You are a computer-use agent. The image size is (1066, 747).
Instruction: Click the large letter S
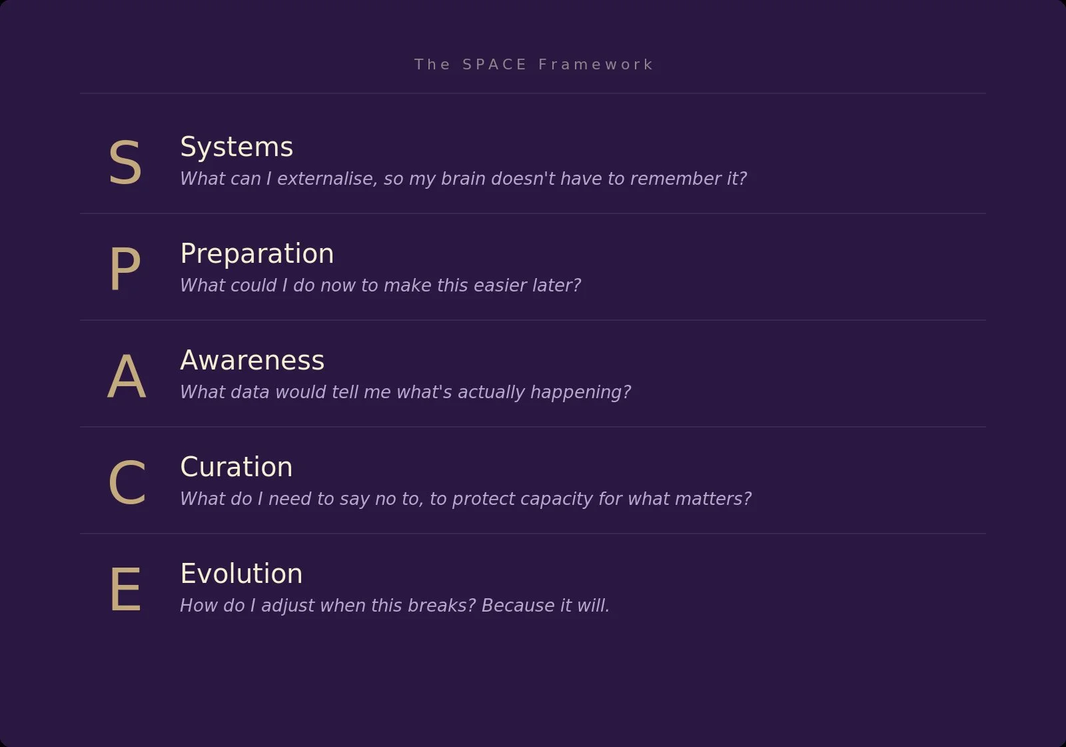click(125, 163)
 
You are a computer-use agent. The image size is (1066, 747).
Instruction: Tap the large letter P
click(125, 269)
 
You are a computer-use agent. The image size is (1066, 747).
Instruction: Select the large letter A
click(127, 377)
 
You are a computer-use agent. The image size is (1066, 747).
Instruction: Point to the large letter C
click(127, 484)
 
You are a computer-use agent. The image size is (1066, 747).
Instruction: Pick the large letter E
click(125, 590)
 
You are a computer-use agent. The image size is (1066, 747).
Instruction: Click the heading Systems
click(237, 147)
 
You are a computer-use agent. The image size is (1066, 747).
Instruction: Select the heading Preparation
click(257, 254)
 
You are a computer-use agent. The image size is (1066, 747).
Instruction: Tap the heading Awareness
click(252, 361)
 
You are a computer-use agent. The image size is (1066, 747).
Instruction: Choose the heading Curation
click(236, 468)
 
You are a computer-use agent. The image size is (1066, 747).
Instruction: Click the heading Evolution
click(241, 574)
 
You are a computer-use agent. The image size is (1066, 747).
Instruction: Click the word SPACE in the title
click(494, 65)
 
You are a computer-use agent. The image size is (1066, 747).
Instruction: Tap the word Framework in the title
click(596, 65)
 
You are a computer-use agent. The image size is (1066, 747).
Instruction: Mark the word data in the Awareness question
click(249, 392)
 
